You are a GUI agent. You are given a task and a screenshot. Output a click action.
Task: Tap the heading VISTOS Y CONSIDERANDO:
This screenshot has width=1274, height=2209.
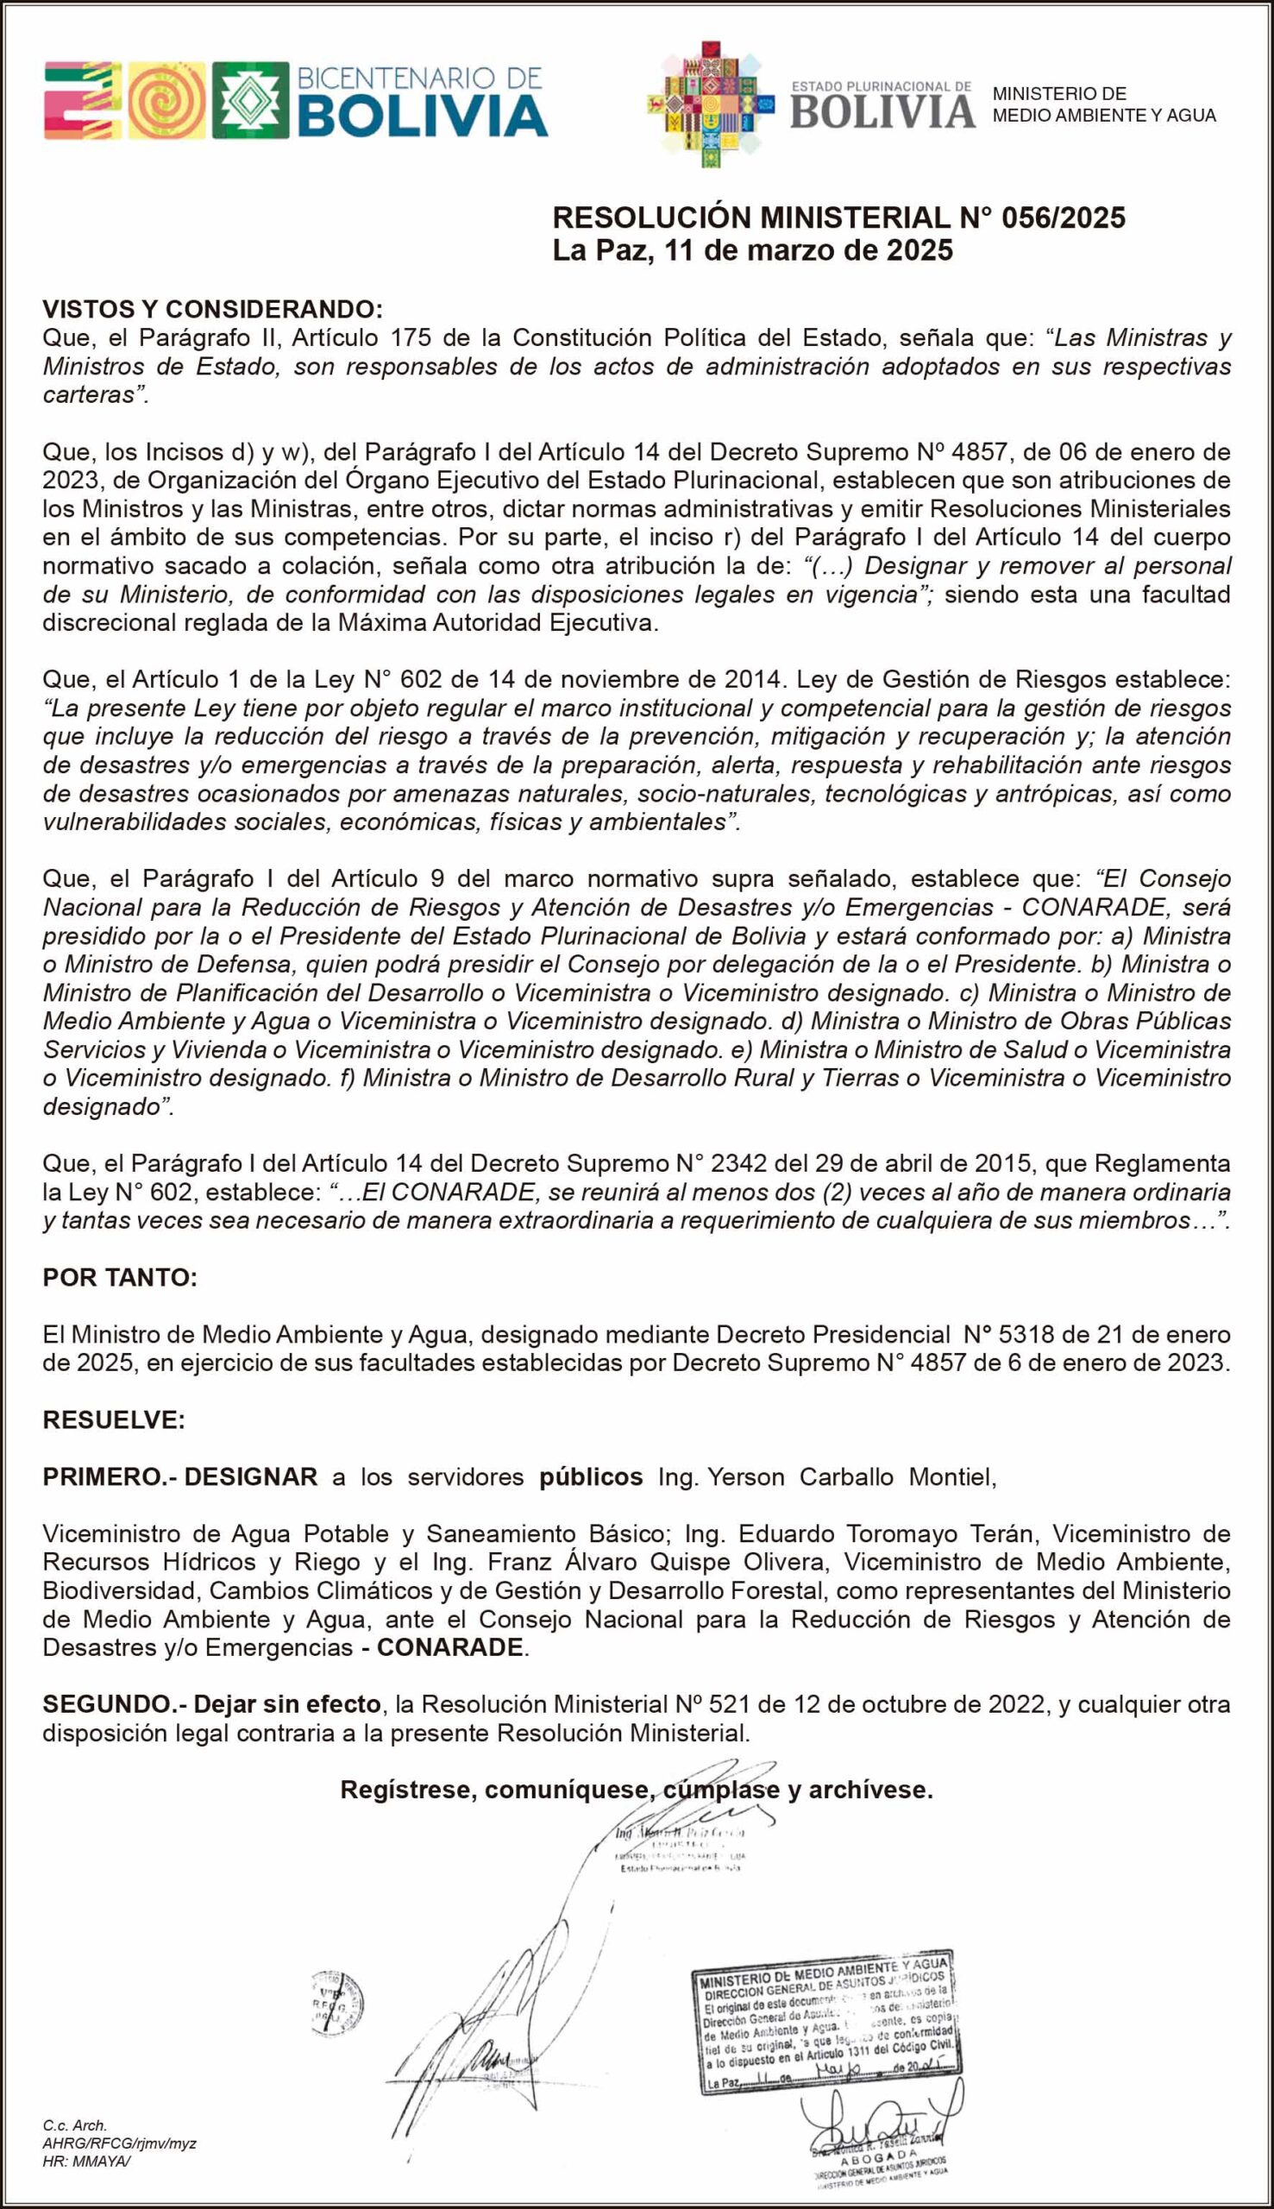213,309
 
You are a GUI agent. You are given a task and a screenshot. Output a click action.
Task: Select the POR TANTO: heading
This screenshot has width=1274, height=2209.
120,1277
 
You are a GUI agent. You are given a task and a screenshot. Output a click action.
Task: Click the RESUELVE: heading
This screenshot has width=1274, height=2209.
114,1419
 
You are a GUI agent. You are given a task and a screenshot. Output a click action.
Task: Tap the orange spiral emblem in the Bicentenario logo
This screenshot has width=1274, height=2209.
166,101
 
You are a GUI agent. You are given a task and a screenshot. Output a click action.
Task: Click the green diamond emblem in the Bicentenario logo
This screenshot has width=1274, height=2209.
250,101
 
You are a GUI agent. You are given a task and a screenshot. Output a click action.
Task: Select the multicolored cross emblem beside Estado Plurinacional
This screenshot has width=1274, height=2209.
711,104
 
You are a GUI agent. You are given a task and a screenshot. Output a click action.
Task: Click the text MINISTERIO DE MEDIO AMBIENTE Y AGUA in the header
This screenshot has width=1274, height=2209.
1103,104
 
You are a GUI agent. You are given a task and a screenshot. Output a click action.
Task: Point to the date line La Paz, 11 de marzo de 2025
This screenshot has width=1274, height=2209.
751,250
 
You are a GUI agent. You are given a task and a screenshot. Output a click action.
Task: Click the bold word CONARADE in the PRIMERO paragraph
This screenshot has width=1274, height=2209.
449,1647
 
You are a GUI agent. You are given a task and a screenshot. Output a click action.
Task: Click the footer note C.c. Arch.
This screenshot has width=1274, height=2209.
74,2125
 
